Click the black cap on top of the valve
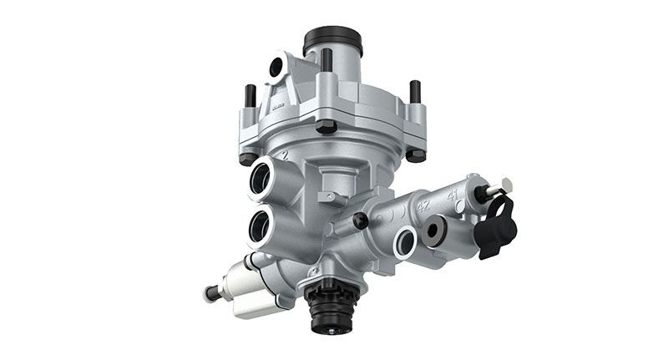coord(332,40)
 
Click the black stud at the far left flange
coord(248,97)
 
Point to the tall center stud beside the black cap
coord(326,60)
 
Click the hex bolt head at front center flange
coord(326,126)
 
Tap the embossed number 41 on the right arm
coord(453,194)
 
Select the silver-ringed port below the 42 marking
coord(405,241)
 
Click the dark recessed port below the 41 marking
coord(436,231)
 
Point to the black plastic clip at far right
coord(498,225)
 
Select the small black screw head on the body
coord(360,221)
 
